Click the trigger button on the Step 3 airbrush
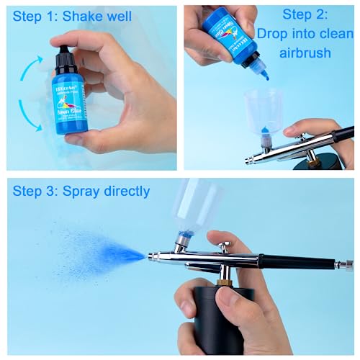(225, 248)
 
